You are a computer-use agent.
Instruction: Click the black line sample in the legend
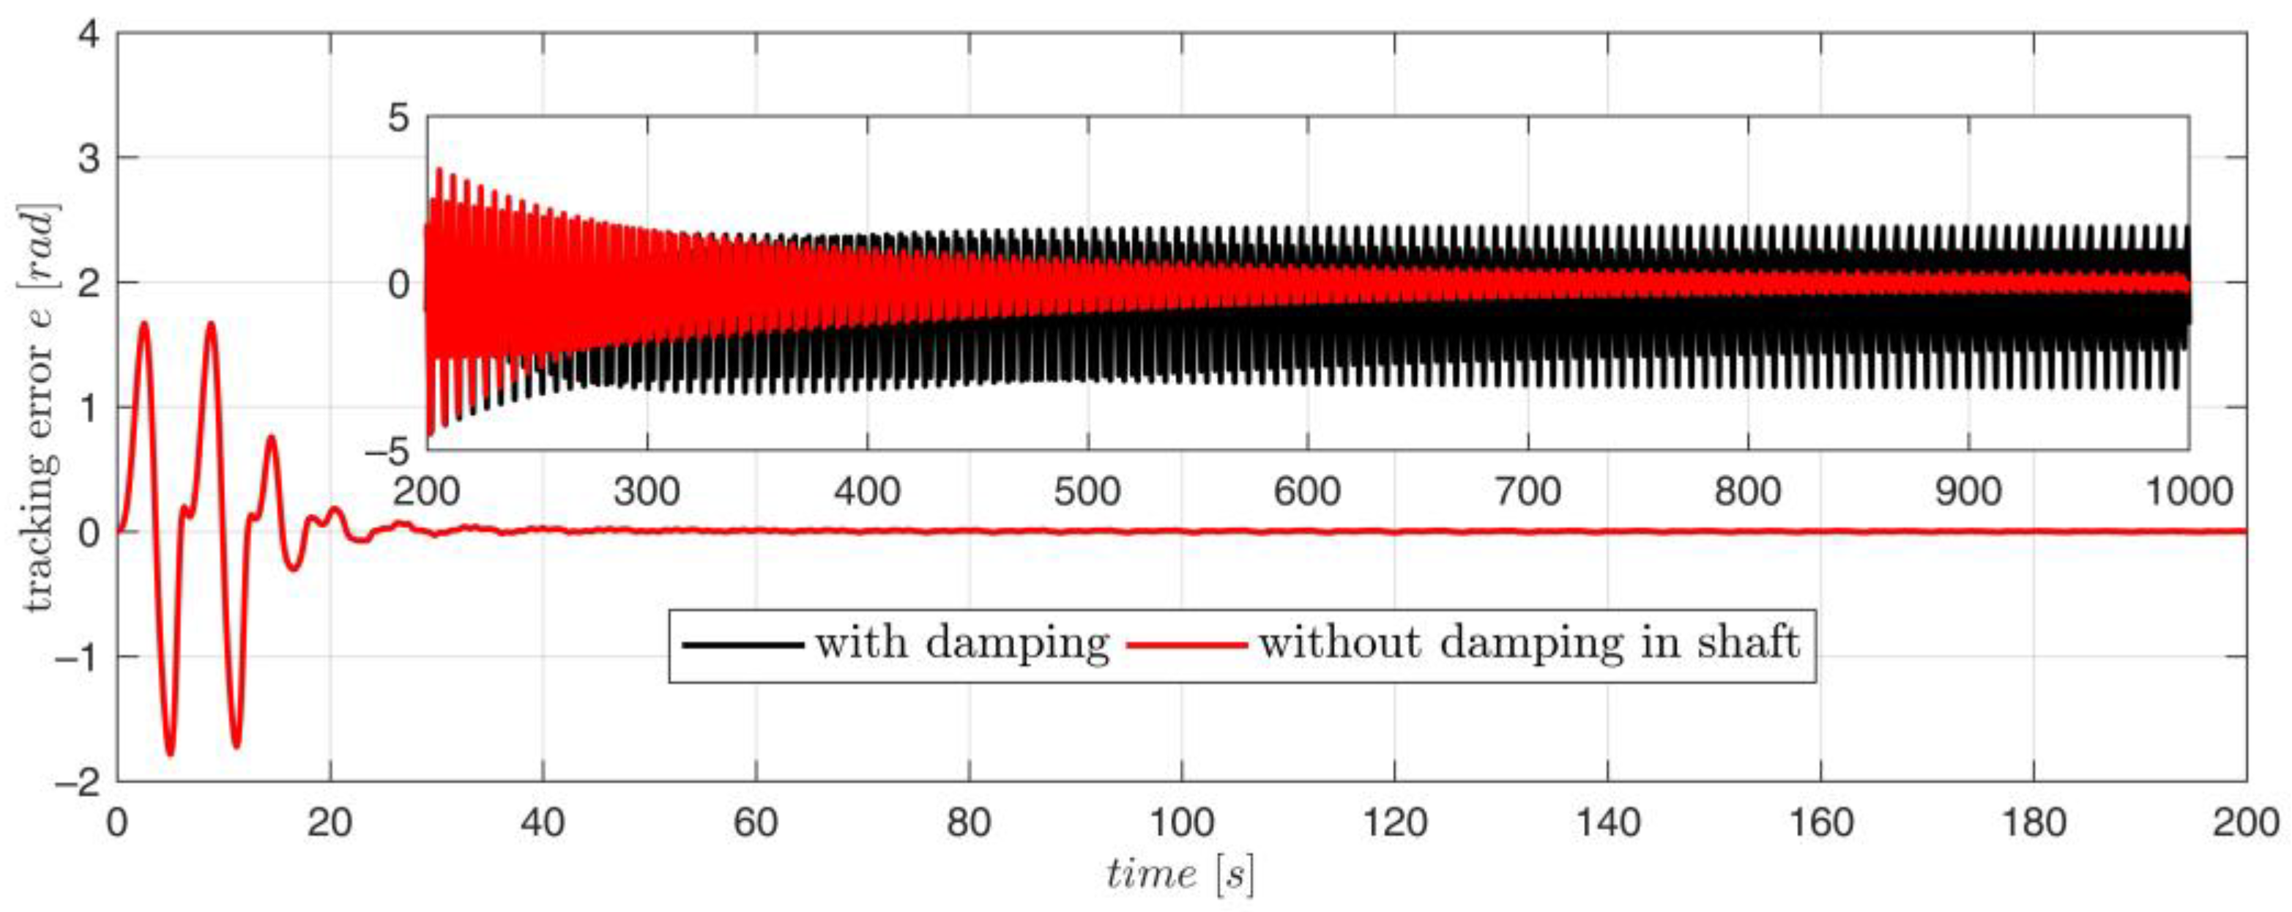tap(743, 644)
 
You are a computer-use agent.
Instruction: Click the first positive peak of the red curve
tap(144, 324)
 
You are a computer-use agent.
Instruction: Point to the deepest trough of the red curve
tap(170, 755)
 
